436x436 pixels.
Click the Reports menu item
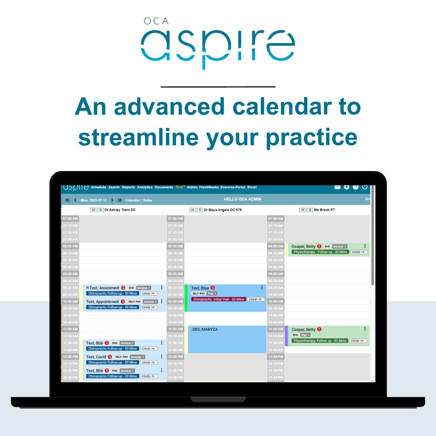[x=128, y=187]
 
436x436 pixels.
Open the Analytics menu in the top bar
[x=145, y=187]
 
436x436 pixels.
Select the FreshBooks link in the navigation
[x=209, y=187]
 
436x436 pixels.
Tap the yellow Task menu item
[x=180, y=187]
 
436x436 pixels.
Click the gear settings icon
[x=346, y=187]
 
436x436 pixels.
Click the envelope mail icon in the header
[x=337, y=187]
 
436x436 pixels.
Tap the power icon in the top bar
[x=365, y=187]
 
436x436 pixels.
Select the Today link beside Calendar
[x=148, y=200]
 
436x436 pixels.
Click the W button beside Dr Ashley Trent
[x=93, y=210]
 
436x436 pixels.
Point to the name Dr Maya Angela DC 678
[x=223, y=210]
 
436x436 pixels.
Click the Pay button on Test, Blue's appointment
[x=212, y=293]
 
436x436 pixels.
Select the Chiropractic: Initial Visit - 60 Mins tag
[x=218, y=299]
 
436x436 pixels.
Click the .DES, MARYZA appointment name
[x=204, y=330]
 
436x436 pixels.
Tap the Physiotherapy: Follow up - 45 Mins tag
[x=320, y=341]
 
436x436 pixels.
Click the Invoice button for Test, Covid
[x=137, y=357]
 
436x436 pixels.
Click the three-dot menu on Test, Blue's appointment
[x=262, y=288]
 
